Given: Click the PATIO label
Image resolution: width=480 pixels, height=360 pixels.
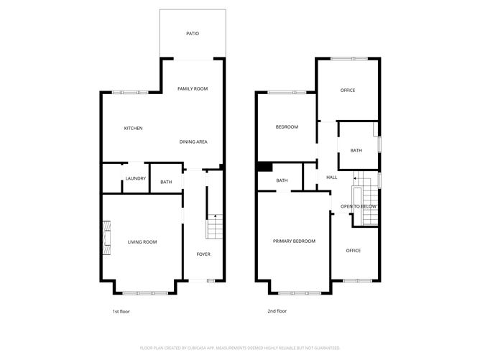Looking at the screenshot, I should click(192, 34).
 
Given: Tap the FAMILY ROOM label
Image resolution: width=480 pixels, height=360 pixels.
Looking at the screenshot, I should click(193, 88).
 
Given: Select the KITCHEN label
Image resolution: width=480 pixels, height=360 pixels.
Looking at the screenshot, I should click(133, 129).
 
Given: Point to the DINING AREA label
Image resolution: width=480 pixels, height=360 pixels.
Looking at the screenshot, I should click(193, 142).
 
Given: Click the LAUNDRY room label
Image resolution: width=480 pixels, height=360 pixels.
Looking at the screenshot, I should click(135, 179).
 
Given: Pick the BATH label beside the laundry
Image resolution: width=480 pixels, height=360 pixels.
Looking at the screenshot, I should click(166, 183).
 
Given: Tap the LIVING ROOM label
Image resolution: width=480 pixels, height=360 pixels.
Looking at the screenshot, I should click(142, 242).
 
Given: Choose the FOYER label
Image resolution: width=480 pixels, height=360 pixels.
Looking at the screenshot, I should click(204, 255).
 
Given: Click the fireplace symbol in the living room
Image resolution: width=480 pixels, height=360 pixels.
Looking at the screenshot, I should click(106, 237).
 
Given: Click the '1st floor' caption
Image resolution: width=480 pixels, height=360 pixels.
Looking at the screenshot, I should click(121, 311).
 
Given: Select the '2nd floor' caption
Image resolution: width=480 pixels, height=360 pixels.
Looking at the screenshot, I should click(277, 311).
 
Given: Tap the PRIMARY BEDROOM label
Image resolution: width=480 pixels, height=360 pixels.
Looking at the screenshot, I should click(294, 241).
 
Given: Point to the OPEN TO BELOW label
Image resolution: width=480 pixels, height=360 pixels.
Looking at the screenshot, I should click(359, 206).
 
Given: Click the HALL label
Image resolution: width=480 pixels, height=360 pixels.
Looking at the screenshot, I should click(331, 177).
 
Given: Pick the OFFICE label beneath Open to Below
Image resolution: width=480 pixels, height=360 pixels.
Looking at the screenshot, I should click(353, 251).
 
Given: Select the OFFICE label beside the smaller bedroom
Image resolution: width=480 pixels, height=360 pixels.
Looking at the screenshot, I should click(348, 91).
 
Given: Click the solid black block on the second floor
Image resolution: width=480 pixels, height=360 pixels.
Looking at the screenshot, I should click(264, 167).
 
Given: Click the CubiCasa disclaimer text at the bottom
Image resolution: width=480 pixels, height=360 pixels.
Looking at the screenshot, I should click(239, 347).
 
